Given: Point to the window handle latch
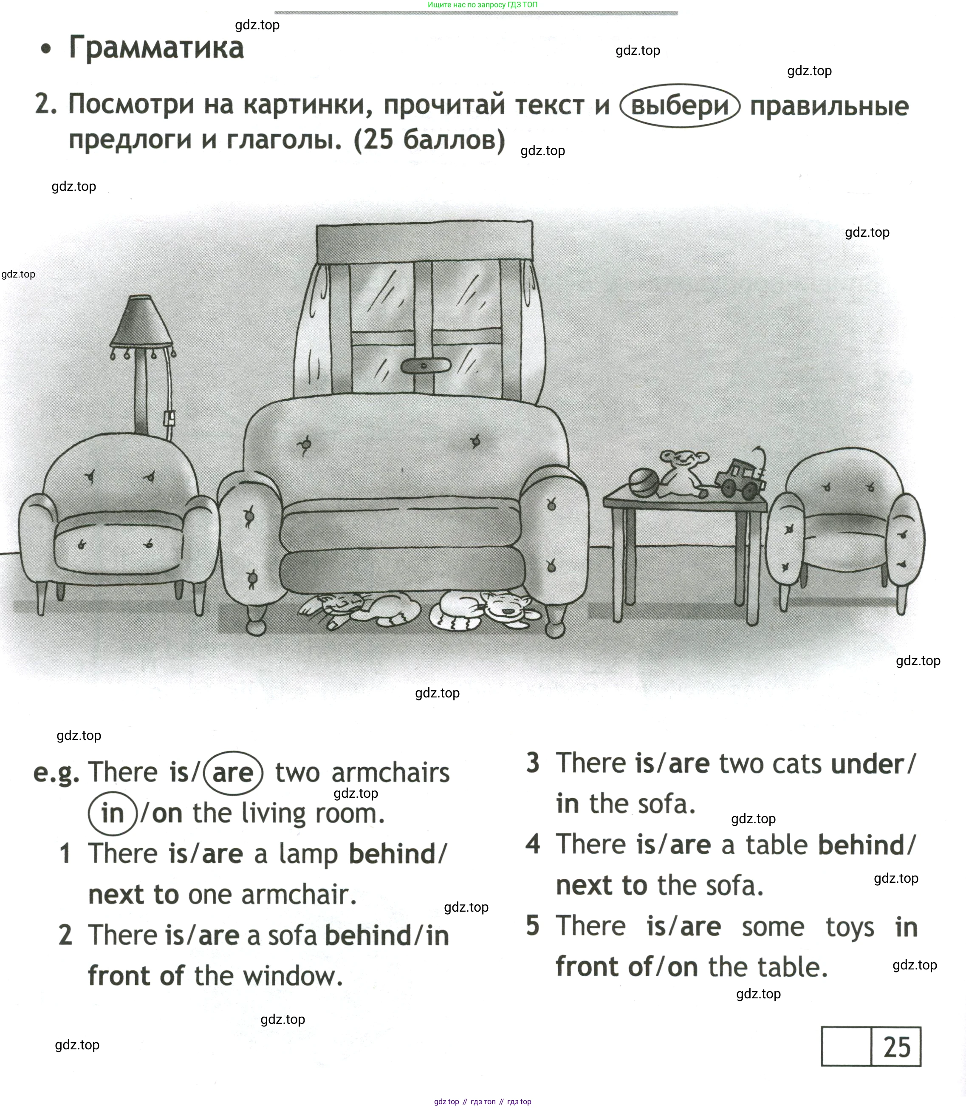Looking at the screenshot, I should pos(425,366).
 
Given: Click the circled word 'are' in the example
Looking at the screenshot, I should pos(233,773).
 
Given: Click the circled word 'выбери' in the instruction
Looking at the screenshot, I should pos(680,106).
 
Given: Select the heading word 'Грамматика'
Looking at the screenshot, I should pos(156,48).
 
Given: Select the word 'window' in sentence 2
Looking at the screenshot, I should pos(292,976).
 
